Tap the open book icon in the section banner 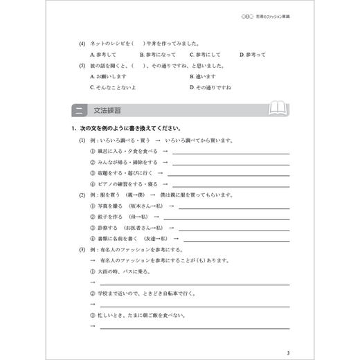[x=280, y=110]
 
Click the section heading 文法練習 [x=104, y=111]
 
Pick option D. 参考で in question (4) [x=253, y=53]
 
